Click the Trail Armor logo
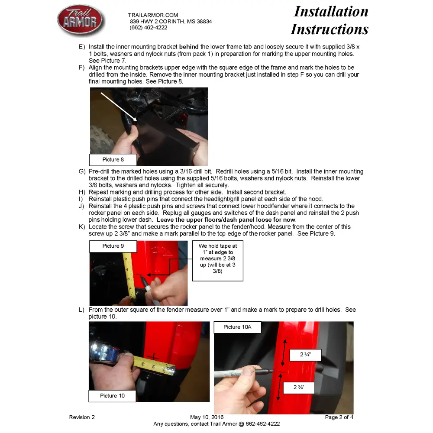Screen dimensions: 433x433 [81, 20]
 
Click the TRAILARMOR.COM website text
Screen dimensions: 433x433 [153, 15]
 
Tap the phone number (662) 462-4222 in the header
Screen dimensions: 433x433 [148, 28]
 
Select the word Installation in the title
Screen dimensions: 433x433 [331, 12]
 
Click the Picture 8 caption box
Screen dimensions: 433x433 [113, 160]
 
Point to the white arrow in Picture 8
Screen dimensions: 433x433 [119, 107]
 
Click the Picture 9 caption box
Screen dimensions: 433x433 [113, 246]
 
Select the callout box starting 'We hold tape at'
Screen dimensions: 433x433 [218, 261]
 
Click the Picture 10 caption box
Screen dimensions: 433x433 [112, 396]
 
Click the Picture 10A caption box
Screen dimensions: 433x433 [237, 327]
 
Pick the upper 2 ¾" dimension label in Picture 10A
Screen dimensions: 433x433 [305, 355]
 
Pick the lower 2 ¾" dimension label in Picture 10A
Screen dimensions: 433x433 [299, 388]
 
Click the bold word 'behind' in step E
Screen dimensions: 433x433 [189, 47]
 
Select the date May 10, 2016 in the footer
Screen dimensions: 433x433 [207, 417]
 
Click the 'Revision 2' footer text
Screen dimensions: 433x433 [82, 417]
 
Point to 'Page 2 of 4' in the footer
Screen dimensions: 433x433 [339, 417]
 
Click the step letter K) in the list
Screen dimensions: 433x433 [82, 227]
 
